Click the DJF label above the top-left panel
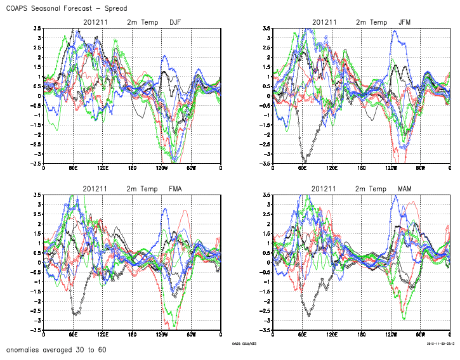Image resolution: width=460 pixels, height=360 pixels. (x=175, y=23)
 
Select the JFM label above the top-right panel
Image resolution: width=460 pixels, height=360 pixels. (x=404, y=23)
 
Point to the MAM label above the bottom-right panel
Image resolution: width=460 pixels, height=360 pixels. (x=404, y=189)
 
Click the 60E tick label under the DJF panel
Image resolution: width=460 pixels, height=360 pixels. (x=73, y=168)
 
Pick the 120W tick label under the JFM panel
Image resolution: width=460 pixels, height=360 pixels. (x=391, y=168)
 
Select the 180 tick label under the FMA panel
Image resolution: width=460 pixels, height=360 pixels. (x=132, y=335)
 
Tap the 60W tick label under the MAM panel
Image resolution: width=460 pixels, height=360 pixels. (x=420, y=335)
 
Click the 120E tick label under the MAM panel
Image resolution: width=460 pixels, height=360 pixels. (x=331, y=335)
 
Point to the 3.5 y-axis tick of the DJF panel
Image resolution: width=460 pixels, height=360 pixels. (x=37, y=29)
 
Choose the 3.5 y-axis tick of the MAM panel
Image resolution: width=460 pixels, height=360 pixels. (x=266, y=195)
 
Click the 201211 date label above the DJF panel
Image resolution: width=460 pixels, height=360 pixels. (x=95, y=23)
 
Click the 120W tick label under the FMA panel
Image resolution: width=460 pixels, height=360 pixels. (x=162, y=335)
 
